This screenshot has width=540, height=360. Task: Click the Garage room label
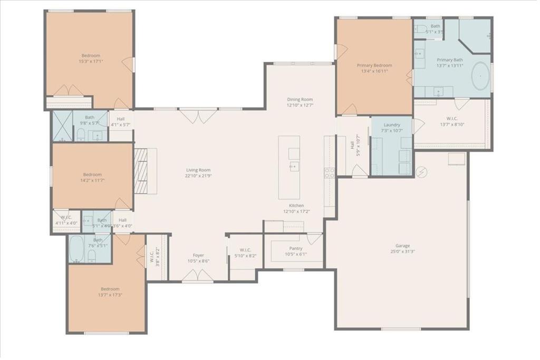(x=402, y=246)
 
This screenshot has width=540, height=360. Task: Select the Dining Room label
(x=300, y=99)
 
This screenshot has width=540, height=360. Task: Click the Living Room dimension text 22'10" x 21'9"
(x=198, y=176)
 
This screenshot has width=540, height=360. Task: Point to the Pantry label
(x=295, y=248)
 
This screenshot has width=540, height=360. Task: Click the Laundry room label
(x=392, y=125)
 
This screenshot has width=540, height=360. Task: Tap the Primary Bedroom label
(x=374, y=65)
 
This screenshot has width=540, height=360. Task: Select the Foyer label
(x=198, y=255)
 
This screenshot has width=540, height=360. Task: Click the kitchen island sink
(x=294, y=167)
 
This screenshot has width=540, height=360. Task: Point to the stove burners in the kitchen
(x=329, y=173)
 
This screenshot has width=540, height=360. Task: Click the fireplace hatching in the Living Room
(x=140, y=171)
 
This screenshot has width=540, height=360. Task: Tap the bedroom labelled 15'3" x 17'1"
(x=90, y=58)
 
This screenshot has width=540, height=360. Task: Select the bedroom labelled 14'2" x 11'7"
(x=92, y=177)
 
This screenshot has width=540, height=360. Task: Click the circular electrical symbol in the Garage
(x=421, y=172)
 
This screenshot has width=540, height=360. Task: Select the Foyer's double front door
(x=198, y=275)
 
